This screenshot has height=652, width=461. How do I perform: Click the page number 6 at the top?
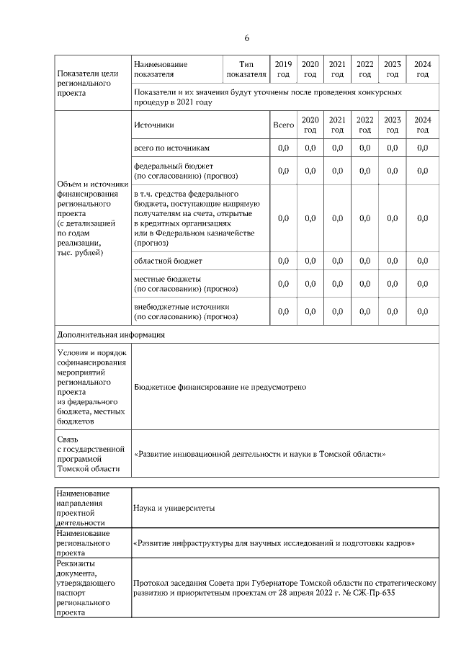246,37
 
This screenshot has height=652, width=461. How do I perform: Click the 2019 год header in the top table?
283,69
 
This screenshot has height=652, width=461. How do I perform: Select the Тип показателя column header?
246,69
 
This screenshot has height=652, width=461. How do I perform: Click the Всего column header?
283,125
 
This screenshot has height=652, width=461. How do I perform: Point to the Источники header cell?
154,125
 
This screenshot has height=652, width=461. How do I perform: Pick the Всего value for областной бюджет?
283,259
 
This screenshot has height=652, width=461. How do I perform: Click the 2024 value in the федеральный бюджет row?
422,171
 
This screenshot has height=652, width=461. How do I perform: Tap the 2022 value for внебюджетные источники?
364,311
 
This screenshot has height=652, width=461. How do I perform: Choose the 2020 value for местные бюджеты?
310,284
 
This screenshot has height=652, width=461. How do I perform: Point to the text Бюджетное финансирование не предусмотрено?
220,387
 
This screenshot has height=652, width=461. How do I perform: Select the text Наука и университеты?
174,508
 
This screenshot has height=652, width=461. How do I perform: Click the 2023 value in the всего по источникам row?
392,148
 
